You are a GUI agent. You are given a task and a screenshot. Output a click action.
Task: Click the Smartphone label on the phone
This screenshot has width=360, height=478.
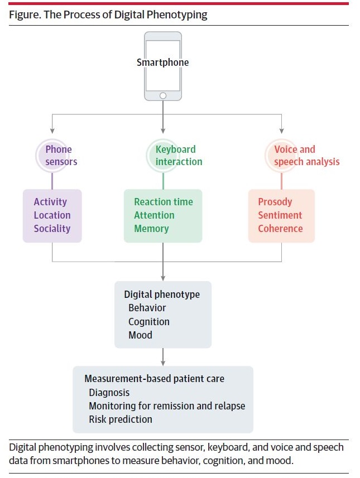point(162,62)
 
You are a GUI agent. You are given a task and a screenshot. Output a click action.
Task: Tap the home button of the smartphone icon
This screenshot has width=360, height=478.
point(163,95)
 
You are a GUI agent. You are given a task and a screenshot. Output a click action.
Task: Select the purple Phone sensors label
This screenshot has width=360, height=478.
point(59,156)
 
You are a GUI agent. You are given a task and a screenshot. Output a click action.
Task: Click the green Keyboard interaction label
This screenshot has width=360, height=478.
point(176,156)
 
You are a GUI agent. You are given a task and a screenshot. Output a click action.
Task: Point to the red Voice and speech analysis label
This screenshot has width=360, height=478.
point(306,156)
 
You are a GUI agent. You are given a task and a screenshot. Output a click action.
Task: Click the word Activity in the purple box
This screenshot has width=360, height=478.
point(50,202)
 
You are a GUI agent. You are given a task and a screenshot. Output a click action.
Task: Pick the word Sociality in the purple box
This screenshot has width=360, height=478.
point(52,229)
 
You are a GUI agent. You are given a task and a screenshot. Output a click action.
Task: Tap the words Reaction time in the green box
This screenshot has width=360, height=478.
point(164,202)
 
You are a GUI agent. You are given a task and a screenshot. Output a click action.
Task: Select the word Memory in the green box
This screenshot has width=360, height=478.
point(151,229)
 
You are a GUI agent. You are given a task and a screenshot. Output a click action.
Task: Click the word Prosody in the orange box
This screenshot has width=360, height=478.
point(275,202)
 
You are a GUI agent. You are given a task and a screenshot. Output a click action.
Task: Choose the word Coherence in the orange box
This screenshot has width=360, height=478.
point(280,229)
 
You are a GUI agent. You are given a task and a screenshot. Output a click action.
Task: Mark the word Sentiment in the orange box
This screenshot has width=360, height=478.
point(280,215)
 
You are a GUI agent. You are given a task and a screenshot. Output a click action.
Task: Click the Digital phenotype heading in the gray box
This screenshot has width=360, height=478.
point(161,294)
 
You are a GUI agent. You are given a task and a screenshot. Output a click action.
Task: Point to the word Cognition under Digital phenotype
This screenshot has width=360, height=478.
point(149,322)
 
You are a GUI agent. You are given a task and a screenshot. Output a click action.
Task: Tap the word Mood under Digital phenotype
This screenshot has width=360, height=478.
point(140,335)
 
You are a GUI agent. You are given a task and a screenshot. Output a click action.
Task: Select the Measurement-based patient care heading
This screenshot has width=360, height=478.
point(154,379)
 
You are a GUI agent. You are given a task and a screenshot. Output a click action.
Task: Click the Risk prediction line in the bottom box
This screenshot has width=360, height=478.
point(121,419)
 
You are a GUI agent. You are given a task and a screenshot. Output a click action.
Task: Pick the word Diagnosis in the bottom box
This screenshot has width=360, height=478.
point(109,393)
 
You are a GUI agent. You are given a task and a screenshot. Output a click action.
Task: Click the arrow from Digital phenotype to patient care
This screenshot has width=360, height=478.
point(163,357)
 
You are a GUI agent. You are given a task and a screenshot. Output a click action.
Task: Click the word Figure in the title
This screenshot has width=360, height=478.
point(23,15)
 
